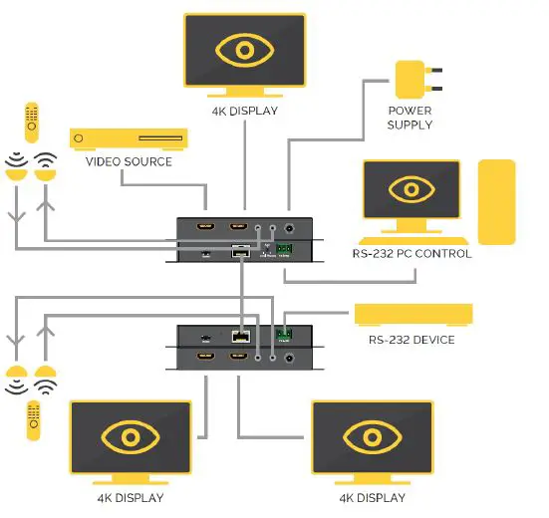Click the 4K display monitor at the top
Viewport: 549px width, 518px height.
click(243, 50)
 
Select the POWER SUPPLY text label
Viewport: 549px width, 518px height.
click(410, 119)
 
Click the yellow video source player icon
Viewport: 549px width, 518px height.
click(129, 138)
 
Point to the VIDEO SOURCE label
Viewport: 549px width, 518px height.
click(129, 161)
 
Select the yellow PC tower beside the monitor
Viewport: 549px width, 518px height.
click(496, 201)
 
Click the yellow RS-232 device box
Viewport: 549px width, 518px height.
click(413, 315)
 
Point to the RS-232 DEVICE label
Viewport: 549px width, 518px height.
click(412, 340)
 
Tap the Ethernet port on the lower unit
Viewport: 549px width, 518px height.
click(240, 337)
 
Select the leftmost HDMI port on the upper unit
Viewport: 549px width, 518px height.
click(205, 227)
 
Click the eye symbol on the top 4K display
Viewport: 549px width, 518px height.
click(243, 50)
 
